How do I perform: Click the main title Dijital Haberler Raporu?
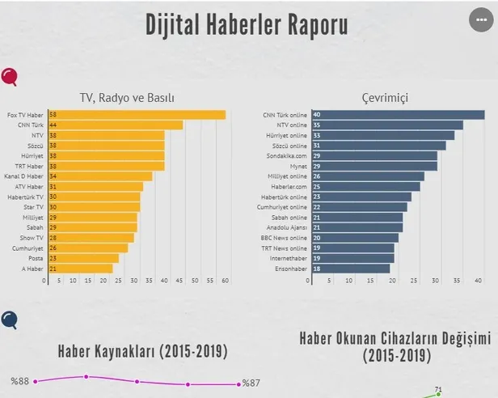click(247, 25)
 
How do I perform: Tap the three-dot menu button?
click(482, 20)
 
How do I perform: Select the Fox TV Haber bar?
click(137, 115)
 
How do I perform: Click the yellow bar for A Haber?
click(80, 268)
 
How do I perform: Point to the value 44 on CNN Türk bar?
click(53, 125)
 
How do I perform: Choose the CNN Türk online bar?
click(397, 115)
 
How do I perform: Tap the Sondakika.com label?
click(288, 155)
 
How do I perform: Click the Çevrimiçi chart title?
click(385, 98)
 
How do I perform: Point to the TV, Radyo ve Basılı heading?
click(127, 98)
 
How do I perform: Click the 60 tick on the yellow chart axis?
click(226, 281)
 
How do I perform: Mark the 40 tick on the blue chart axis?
click(479, 281)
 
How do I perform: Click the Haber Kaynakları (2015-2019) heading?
click(142, 352)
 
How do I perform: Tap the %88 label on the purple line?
click(19, 381)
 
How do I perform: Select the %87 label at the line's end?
click(251, 383)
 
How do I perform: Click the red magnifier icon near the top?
click(11, 78)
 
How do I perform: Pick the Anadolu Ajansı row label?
click(289, 227)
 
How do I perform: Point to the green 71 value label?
click(438, 390)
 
